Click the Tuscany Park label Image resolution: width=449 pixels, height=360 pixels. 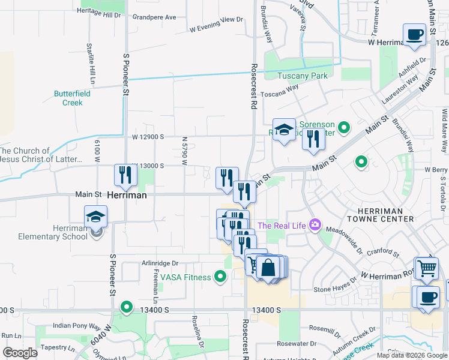(303, 76)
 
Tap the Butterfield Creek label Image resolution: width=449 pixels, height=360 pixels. (72, 98)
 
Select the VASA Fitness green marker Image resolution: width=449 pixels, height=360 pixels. (220, 277)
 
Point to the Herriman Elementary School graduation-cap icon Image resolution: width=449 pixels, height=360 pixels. (96, 217)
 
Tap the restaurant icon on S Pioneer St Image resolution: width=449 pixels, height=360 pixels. (126, 175)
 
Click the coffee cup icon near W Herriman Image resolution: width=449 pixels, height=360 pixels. (414, 35)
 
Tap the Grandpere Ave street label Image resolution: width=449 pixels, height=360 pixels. (154, 17)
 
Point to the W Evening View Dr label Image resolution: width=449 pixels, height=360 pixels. (215, 24)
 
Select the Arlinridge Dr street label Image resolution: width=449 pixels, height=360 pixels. (160, 263)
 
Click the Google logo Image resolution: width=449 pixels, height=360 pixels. (20, 353)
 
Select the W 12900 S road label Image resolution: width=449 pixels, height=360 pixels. (148, 137)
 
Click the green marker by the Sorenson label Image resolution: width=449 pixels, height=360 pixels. (344, 127)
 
